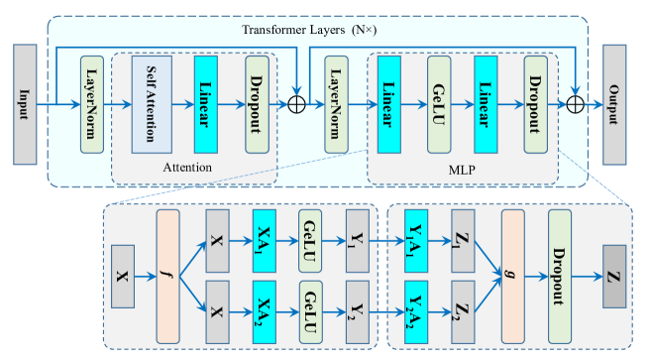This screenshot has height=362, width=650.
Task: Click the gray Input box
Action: click(25, 104)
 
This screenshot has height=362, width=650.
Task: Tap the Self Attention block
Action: click(152, 104)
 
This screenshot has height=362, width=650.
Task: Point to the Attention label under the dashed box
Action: click(187, 167)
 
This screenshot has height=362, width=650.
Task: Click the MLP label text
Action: click(464, 168)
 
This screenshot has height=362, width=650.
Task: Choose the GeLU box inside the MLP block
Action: click(440, 104)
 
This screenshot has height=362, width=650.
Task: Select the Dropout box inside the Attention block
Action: click(258, 104)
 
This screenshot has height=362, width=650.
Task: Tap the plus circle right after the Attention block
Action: click(296, 103)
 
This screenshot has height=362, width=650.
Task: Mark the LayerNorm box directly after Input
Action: click(91, 104)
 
